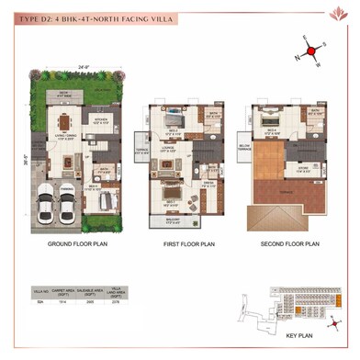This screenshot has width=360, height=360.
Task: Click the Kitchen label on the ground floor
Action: (101, 118)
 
